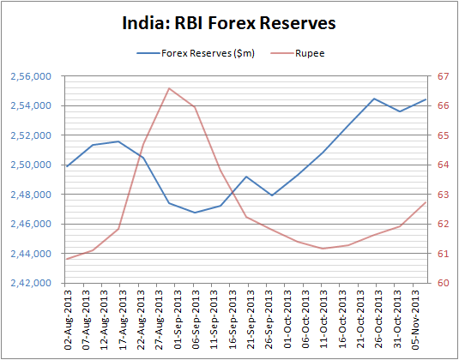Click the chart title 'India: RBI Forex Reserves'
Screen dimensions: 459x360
[229, 23]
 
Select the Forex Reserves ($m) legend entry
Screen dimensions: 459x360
[196, 53]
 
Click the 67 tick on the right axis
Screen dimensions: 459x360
[444, 76]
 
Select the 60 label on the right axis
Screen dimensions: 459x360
[444, 283]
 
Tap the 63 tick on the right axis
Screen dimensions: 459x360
[444, 195]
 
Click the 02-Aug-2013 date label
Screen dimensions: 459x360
[67, 321]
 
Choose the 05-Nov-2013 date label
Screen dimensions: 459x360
[415, 321]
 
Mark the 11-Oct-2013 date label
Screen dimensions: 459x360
[323, 321]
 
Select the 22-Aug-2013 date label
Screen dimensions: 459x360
[141, 321]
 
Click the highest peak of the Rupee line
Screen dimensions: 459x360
[169, 88]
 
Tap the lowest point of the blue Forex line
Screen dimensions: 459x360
[195, 213]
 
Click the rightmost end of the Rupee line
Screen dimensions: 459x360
[426, 202]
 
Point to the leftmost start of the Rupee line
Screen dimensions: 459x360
[67, 259]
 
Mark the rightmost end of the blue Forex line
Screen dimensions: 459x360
[426, 99]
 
